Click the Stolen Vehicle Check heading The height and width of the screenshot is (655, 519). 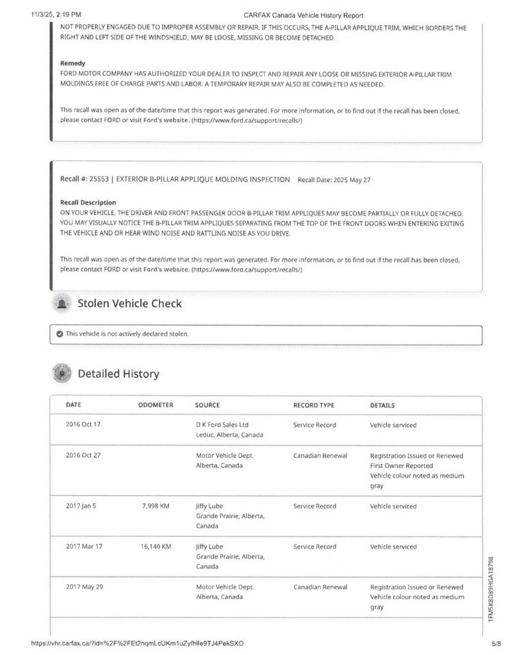130,304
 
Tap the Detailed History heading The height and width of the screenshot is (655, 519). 118,374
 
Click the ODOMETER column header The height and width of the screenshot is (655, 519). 155,405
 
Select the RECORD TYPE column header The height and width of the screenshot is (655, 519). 314,405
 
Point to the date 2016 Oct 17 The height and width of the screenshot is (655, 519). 83,424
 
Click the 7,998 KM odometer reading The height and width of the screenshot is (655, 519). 155,506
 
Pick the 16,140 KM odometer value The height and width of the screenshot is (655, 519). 155,547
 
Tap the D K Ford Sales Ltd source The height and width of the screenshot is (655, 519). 222,424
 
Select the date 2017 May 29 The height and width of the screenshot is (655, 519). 83,587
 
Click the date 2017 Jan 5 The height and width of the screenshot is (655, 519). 81,506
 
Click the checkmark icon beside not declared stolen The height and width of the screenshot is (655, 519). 60,334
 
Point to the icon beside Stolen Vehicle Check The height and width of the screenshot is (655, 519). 62,304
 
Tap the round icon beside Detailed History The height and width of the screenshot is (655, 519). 62,374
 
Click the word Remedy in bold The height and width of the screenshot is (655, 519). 72,63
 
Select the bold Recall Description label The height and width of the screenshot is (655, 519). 88,203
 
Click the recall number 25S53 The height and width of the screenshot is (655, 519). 100,179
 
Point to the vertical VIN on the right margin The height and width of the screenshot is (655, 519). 491,588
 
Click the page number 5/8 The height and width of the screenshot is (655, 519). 496,643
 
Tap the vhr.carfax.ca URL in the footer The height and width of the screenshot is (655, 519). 137,643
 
